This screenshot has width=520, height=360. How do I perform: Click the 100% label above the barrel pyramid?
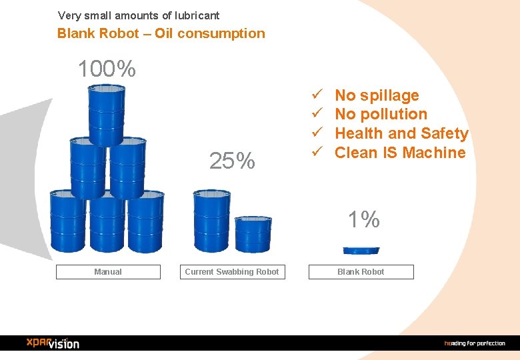(107, 69)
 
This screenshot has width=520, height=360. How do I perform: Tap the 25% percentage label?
(231, 161)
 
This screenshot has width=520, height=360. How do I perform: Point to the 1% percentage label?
(363, 219)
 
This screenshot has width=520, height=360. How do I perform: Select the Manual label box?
(108, 272)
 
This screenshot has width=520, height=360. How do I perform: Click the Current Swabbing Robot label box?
(232, 272)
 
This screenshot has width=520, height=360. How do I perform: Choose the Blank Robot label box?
(361, 272)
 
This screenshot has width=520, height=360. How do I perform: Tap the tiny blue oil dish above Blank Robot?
(361, 251)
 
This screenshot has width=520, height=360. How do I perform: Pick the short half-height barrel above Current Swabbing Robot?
(253, 234)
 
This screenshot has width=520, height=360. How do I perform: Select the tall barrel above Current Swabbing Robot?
(211, 221)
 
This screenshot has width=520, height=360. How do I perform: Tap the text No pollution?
(381, 115)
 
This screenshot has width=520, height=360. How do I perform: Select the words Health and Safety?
(401, 133)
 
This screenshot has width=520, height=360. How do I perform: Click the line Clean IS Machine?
(400, 153)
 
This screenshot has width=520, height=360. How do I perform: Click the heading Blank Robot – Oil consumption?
(161, 33)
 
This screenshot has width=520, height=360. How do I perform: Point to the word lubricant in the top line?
(195, 15)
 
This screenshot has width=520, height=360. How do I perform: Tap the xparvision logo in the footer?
(53, 343)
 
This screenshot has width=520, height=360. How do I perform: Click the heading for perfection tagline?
(475, 343)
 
